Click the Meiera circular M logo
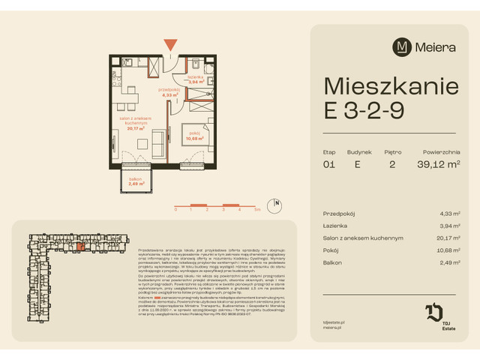(x=403, y=46)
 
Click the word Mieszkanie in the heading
(x=390, y=85)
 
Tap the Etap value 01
(x=329, y=164)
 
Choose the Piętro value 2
(x=391, y=164)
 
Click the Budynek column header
(x=359, y=151)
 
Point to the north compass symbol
(x=277, y=203)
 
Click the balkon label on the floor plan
(x=135, y=179)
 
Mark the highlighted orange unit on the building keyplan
(x=80, y=245)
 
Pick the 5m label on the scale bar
(x=257, y=211)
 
